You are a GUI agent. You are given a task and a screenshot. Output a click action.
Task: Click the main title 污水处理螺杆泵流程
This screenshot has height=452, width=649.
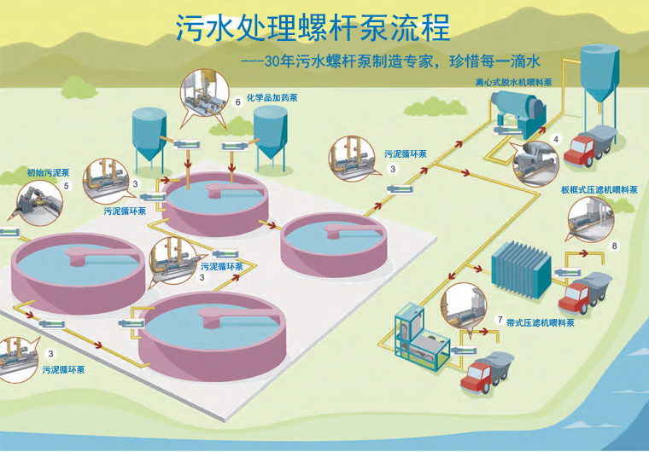click(x=313, y=27)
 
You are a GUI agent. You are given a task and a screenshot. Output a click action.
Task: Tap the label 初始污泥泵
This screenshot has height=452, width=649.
click(x=43, y=172)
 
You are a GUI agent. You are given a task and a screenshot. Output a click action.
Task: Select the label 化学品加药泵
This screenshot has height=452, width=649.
click(x=272, y=98)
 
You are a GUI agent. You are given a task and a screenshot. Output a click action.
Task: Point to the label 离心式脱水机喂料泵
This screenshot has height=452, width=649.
click(x=514, y=83)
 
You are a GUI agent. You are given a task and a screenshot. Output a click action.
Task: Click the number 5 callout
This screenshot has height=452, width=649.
click(x=67, y=185)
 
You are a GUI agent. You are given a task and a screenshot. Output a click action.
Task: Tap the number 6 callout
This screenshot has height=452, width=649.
click(x=237, y=101)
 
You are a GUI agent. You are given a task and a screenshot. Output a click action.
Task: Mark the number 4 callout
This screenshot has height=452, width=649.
click(x=556, y=138)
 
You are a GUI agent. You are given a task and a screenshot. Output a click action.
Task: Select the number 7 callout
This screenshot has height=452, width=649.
click(x=499, y=319)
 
